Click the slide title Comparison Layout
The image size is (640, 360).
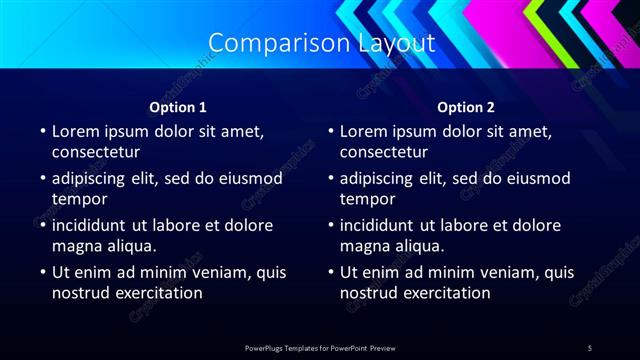click(x=321, y=43)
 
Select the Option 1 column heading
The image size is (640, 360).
click(x=178, y=108)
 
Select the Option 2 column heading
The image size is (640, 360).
click(x=466, y=108)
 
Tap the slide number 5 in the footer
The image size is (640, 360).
click(x=590, y=347)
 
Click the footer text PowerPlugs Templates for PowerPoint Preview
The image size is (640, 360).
click(x=320, y=347)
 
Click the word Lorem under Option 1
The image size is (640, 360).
click(x=76, y=131)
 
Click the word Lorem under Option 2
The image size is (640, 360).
click(x=364, y=131)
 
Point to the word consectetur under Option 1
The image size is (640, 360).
click(x=96, y=153)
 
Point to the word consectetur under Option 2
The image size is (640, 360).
click(x=384, y=153)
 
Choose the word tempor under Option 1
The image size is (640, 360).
click(x=80, y=200)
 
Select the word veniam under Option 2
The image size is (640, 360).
click(x=481, y=272)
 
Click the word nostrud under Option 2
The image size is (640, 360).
click(x=369, y=293)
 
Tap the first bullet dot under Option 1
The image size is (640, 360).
click(x=42, y=131)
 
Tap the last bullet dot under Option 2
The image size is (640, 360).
click(x=330, y=272)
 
